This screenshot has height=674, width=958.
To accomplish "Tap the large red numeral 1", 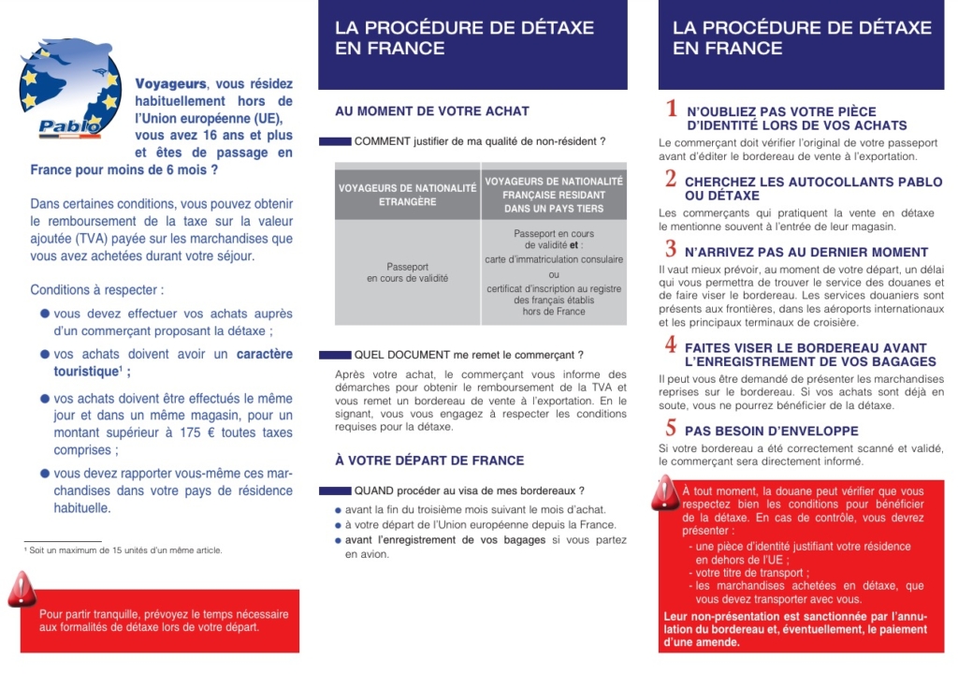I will (x=671, y=110).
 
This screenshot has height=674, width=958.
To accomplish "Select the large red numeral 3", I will (x=671, y=250).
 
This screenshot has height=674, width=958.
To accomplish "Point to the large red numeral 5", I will (x=671, y=429).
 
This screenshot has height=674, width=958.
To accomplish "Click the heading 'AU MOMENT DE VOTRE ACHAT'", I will (x=432, y=111).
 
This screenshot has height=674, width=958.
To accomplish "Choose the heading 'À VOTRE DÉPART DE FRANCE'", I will (x=429, y=461).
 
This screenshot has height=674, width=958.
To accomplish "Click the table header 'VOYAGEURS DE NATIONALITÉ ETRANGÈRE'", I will (x=407, y=195).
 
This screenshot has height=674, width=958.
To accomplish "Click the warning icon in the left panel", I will (x=22, y=590).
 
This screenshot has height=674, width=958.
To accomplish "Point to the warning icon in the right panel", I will (x=665, y=492).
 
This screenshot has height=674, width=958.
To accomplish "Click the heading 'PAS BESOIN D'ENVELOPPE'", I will (x=771, y=432).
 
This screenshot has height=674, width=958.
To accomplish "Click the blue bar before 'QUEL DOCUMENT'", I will (x=334, y=356).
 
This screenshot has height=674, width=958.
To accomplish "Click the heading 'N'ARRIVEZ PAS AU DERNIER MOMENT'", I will (x=806, y=253).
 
